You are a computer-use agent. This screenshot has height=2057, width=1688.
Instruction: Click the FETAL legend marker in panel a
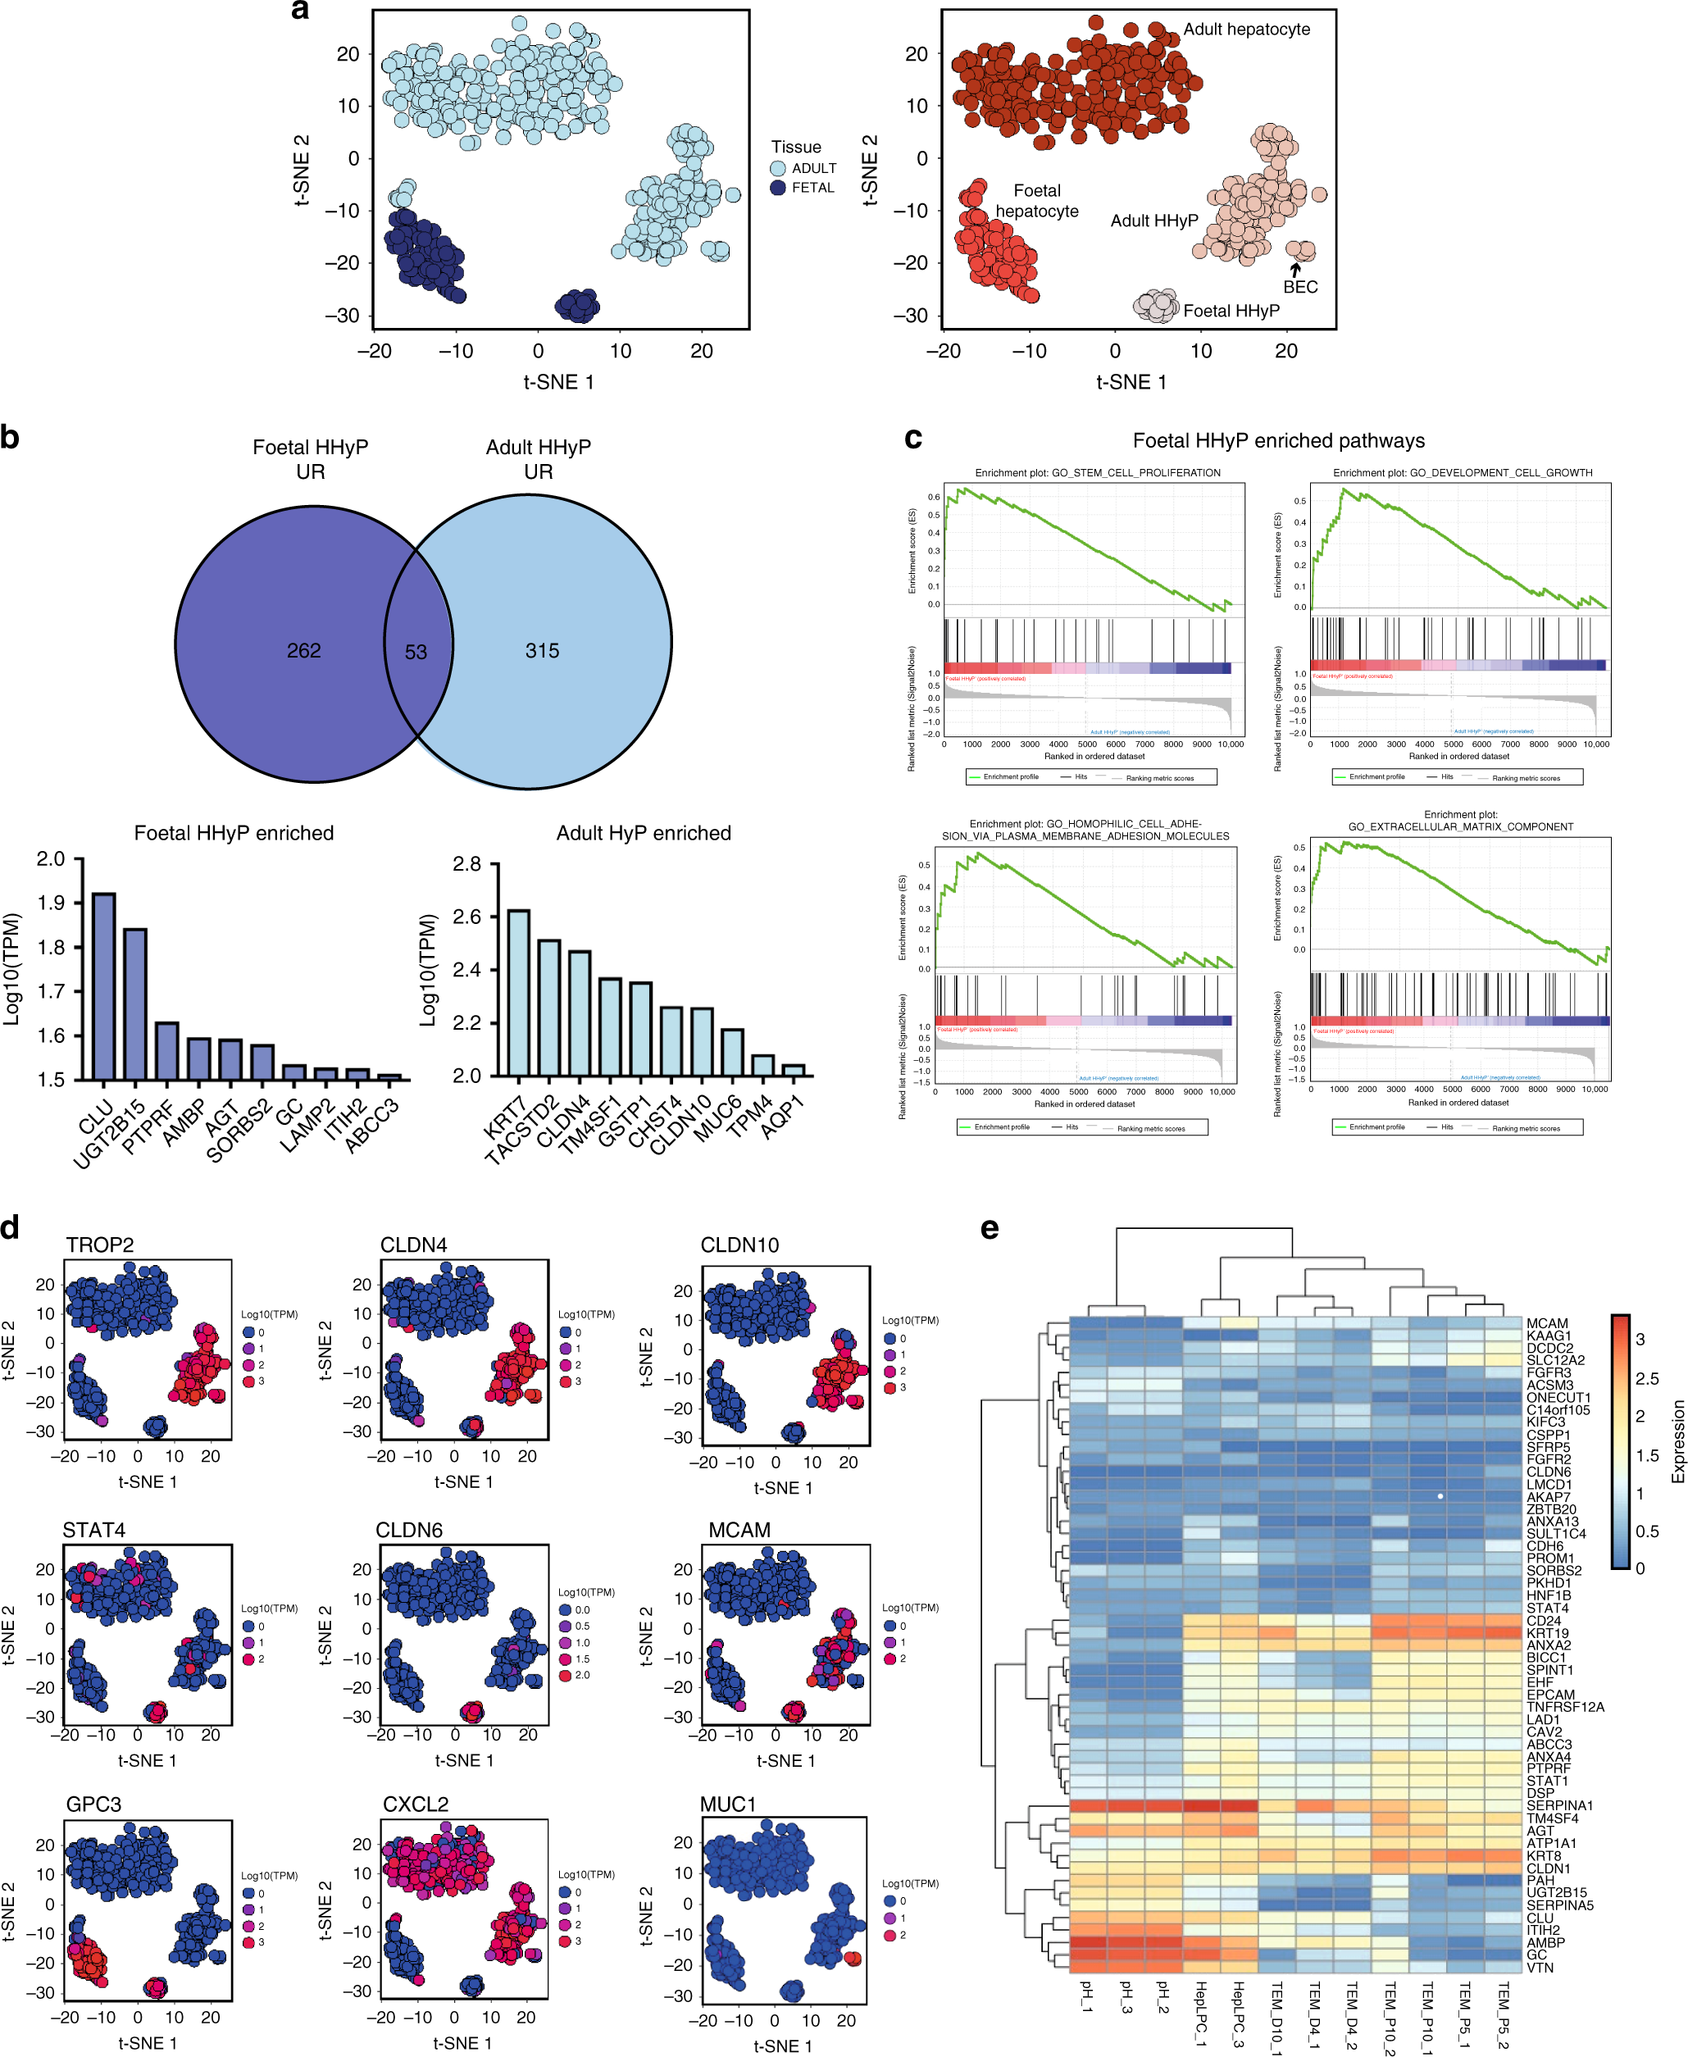click(778, 188)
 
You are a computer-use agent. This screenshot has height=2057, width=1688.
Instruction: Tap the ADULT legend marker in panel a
click(778, 168)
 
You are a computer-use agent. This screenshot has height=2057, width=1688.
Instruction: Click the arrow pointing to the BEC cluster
click(1295, 269)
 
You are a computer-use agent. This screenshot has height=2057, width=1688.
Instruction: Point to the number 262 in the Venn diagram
click(303, 650)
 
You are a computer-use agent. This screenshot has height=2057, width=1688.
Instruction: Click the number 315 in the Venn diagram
click(543, 650)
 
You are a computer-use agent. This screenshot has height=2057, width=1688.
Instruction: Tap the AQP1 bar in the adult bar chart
click(794, 1070)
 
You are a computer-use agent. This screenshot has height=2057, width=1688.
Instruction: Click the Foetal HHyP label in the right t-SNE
click(1231, 311)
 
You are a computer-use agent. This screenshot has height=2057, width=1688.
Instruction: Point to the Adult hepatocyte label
click(1247, 30)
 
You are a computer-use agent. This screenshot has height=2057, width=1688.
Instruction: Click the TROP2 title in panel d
click(100, 1245)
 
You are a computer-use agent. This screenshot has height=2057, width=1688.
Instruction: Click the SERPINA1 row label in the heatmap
click(1558, 1805)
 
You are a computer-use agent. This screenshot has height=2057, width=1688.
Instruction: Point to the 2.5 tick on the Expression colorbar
click(1647, 1378)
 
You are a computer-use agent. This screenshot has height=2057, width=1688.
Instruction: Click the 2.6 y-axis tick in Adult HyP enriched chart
click(466, 917)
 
